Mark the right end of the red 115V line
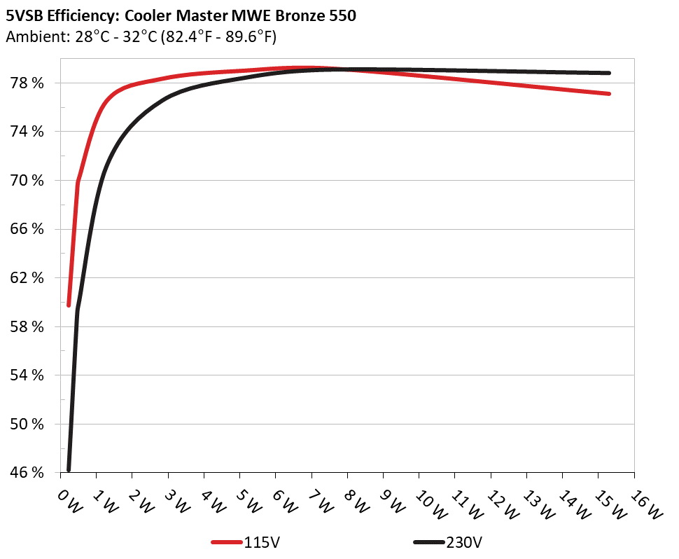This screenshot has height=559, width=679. (x=609, y=94)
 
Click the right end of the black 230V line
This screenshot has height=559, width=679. (x=609, y=73)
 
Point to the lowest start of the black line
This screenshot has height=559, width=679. (x=69, y=469)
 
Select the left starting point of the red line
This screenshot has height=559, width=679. (x=69, y=305)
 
